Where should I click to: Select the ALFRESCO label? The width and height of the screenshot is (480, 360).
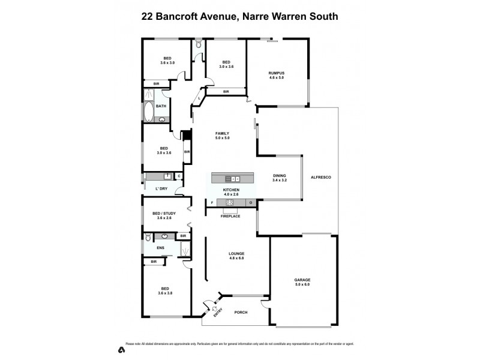pos(321,178)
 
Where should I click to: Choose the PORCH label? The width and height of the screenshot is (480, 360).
pos(241,312)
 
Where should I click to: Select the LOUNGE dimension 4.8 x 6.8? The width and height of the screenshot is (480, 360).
pos(236,259)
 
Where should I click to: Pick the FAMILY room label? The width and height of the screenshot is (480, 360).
pos(223,133)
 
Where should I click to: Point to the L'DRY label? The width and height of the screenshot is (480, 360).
pos(160,190)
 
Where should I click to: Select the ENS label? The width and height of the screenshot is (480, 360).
pos(160,247)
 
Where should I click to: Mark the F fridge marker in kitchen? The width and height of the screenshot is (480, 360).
pos(212,203)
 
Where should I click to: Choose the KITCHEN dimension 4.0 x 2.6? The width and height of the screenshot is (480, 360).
pos(231,194)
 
